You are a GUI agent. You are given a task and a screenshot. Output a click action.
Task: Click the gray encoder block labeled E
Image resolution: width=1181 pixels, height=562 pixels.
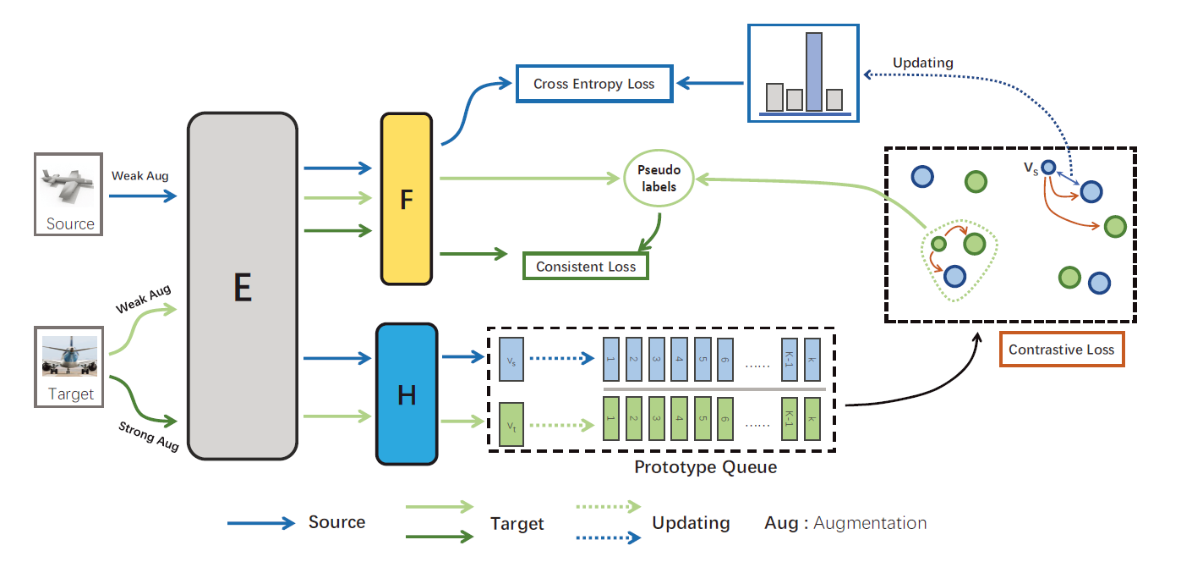(243, 285)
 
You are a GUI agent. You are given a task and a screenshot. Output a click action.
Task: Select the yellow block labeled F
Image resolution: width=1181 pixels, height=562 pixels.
(407, 199)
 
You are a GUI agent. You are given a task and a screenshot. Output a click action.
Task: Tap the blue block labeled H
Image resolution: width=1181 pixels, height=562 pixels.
(407, 394)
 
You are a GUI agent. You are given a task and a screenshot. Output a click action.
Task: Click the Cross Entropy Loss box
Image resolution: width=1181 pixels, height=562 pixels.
(594, 84)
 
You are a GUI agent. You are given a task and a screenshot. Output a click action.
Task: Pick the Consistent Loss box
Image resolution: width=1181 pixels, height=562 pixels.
(585, 266)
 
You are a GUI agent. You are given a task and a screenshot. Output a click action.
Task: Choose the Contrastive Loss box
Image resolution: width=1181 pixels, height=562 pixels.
(1061, 349)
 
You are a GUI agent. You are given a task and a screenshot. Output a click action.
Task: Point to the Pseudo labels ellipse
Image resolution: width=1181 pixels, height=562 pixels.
(659, 178)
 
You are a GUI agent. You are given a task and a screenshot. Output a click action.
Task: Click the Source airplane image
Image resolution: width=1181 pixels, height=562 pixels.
(68, 194)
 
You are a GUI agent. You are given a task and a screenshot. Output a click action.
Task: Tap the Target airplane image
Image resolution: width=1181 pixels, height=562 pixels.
(69, 366)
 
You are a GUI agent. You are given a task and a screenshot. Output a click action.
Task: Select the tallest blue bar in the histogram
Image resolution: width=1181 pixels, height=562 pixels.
(813, 72)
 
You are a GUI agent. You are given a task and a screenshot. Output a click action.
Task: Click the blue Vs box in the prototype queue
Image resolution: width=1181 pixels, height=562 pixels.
(511, 360)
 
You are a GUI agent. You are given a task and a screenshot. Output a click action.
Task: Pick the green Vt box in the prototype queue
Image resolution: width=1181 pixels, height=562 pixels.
(511, 424)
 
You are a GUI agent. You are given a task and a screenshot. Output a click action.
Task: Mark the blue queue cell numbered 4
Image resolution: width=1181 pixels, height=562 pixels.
(679, 360)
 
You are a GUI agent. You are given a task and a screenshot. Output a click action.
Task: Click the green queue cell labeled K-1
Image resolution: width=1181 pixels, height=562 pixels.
(789, 418)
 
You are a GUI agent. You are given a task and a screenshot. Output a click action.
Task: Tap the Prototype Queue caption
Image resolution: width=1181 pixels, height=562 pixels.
(705, 467)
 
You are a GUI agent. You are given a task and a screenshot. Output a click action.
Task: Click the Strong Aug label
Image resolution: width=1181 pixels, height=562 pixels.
(149, 436)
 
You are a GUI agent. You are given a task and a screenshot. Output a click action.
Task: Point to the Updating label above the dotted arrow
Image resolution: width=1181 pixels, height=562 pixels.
(922, 63)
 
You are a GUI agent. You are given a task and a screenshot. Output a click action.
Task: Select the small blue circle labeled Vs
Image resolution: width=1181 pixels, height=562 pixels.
(1048, 168)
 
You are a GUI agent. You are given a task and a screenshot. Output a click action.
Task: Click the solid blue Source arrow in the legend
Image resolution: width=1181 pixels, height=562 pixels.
(261, 523)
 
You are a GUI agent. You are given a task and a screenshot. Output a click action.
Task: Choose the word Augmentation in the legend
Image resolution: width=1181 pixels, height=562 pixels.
(870, 523)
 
